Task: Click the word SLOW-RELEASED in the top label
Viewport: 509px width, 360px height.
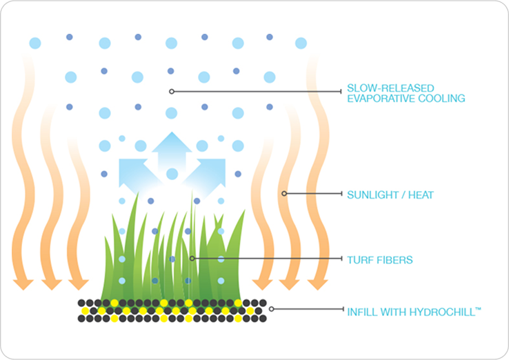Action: [381, 88]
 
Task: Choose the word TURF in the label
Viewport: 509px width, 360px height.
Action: [359, 260]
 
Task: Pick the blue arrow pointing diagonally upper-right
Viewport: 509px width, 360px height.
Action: [205, 169]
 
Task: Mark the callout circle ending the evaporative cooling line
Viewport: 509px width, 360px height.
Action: [172, 91]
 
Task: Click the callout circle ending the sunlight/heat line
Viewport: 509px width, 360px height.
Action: [284, 193]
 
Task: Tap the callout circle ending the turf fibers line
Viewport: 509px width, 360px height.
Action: [192, 259]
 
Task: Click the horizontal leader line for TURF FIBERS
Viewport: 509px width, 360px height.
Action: [269, 259]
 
